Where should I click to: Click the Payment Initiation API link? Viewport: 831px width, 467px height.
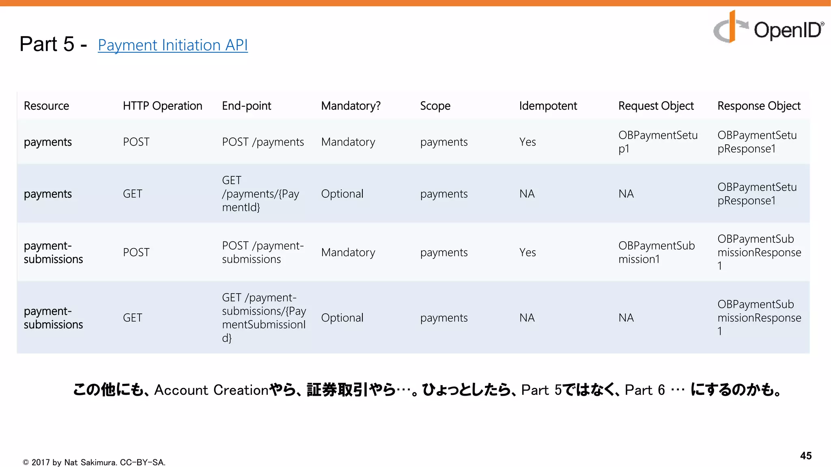click(x=172, y=45)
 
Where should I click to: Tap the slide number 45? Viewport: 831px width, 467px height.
click(x=805, y=456)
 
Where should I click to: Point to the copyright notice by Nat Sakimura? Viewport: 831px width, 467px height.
click(x=94, y=462)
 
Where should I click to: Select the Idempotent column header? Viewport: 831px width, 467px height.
click(x=548, y=106)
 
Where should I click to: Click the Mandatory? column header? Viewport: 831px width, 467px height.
click(x=351, y=106)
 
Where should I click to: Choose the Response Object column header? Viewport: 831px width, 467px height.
click(x=759, y=106)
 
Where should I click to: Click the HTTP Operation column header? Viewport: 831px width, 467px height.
click(x=162, y=106)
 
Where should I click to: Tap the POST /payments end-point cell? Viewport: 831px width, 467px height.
click(x=263, y=142)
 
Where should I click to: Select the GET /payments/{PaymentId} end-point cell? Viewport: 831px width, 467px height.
click(x=260, y=194)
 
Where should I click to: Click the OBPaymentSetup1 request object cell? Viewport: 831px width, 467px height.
click(x=658, y=142)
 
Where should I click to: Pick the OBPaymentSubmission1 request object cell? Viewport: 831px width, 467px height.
click(x=657, y=252)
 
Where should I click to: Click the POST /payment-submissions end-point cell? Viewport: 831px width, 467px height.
click(x=263, y=252)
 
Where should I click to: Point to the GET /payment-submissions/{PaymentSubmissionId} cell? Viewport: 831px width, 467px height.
click(x=264, y=317)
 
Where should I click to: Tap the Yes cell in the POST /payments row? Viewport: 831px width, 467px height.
click(x=527, y=142)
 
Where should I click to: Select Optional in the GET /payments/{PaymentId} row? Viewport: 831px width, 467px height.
click(x=342, y=194)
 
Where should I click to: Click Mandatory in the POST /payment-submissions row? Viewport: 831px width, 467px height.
click(x=348, y=252)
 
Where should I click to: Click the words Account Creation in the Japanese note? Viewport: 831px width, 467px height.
click(x=211, y=390)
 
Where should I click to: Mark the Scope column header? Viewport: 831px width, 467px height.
click(x=435, y=106)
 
